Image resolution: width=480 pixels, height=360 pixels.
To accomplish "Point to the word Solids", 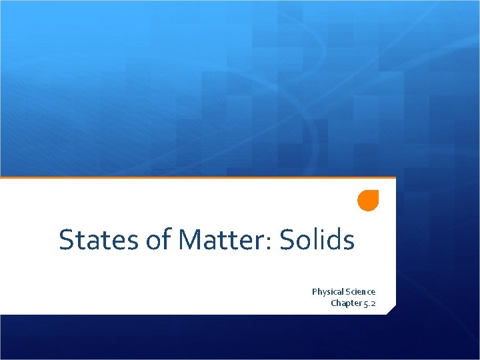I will point(317,240).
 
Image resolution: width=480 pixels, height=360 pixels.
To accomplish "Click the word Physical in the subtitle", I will point(328,292).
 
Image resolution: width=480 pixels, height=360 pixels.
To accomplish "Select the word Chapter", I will point(346,303).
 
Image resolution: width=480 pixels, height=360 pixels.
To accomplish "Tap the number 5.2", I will point(369,303).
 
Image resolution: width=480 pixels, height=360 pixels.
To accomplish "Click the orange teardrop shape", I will point(368,201).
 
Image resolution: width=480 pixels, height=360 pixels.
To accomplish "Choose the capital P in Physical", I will point(315,292).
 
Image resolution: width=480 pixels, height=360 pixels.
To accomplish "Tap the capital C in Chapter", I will point(334,303).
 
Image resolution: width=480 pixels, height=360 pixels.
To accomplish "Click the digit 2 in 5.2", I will point(373,303).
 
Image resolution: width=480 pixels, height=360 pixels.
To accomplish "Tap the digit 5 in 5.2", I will point(365,304).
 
